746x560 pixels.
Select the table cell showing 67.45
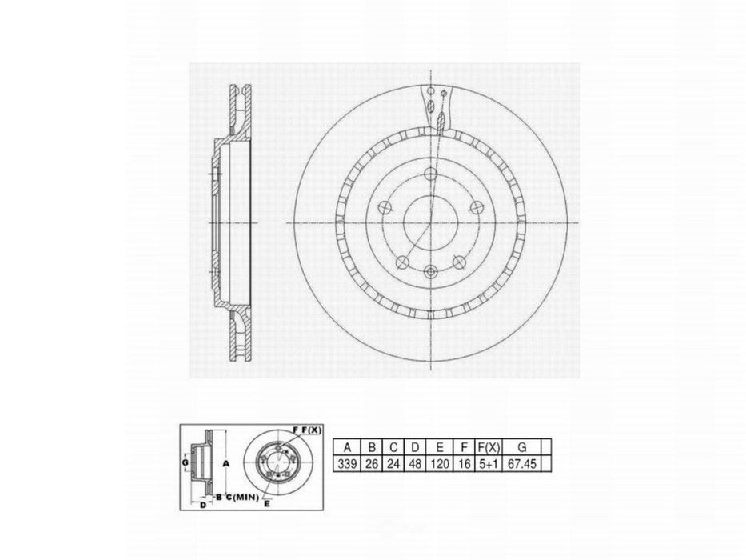point(522,464)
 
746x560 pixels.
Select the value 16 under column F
point(462,464)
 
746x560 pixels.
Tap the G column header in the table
point(522,447)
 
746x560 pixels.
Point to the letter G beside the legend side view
point(185,462)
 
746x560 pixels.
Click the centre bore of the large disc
point(430,222)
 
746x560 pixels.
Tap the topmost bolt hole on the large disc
point(430,174)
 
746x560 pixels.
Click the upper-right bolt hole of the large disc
point(476,208)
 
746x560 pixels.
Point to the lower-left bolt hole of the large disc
point(402,262)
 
